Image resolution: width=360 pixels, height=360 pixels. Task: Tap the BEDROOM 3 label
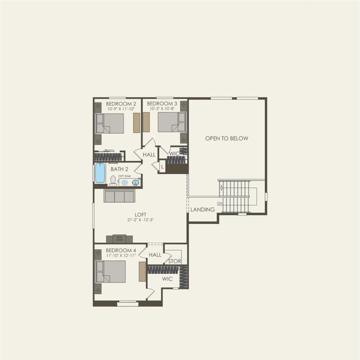162,104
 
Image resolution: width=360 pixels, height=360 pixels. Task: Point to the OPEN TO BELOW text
227,138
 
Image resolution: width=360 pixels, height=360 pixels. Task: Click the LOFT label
141,214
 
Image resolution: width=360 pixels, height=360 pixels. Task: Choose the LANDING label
203,210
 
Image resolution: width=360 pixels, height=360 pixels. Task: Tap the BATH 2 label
119,169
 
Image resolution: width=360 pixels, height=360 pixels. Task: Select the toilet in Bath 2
113,181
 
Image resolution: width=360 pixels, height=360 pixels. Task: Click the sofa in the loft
119,196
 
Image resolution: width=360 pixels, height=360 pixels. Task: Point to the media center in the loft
119,238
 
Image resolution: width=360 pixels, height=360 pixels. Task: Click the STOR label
175,261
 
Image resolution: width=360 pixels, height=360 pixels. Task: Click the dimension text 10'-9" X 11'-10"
121,110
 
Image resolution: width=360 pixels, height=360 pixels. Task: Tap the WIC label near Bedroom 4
167,279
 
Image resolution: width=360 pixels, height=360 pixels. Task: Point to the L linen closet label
162,166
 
